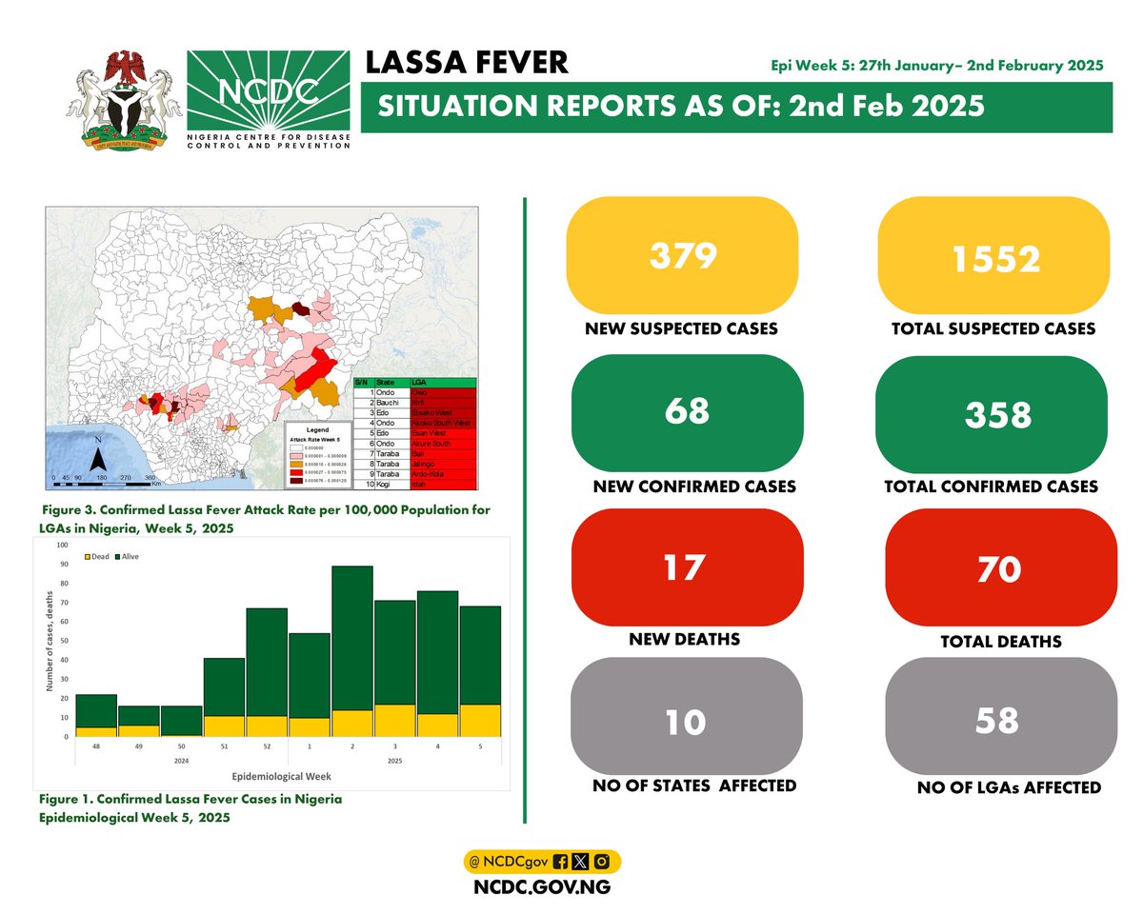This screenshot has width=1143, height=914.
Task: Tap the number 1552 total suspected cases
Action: tap(993, 255)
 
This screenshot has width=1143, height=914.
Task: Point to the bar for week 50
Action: tap(180, 721)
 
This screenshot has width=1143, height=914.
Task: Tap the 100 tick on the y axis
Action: tap(63, 546)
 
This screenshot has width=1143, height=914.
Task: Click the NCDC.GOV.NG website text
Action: tap(541, 886)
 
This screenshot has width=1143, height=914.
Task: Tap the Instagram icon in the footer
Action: tap(601, 862)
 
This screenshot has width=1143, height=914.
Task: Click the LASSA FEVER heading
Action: tap(467, 64)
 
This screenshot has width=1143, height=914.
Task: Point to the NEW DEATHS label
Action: tap(683, 639)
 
